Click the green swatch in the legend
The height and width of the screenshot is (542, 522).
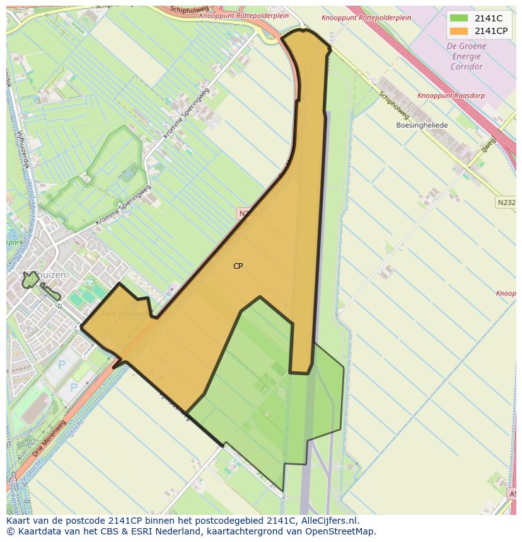point(459,18)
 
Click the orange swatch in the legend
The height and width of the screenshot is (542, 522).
point(459,31)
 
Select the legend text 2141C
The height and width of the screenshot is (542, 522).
point(489,18)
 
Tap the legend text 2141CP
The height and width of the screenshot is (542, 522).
point(491,31)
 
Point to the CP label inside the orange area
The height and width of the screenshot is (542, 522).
point(238,266)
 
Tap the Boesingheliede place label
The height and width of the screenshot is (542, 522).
point(422,125)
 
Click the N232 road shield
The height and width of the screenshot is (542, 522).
point(506,203)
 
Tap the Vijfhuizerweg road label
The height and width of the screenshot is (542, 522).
point(175,405)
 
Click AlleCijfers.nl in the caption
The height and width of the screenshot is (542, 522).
point(328,521)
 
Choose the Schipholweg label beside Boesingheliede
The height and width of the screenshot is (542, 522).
point(395,104)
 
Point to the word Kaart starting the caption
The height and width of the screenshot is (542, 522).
point(18,521)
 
